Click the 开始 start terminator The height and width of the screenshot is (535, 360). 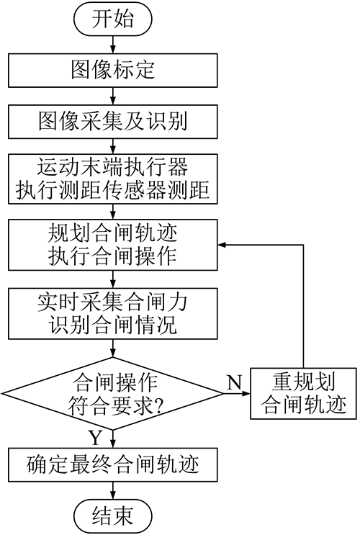[112, 19]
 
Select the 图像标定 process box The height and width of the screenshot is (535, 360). [112, 71]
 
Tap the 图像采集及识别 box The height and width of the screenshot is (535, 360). [112, 122]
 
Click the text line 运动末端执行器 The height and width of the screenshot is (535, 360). [112, 168]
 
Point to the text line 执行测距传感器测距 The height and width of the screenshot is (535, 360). [112, 189]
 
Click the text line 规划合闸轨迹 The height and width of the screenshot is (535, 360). [112, 234]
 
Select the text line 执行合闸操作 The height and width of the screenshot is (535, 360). [112, 256]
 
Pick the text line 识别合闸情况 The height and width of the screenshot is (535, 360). [112, 325]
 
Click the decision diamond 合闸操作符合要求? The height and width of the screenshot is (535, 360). [112, 393]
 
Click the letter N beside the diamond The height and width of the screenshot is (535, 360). [234, 382]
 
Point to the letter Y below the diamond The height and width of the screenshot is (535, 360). [96, 438]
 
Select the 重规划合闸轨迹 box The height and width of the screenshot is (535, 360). [303, 393]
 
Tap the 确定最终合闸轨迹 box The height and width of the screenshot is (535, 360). [112, 464]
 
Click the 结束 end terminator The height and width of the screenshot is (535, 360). [112, 516]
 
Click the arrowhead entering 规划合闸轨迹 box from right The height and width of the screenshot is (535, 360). [222, 245]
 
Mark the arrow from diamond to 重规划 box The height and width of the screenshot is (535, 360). [237, 393]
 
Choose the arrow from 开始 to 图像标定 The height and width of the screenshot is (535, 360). [112, 45]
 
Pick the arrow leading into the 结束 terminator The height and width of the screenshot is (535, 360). [112, 490]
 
